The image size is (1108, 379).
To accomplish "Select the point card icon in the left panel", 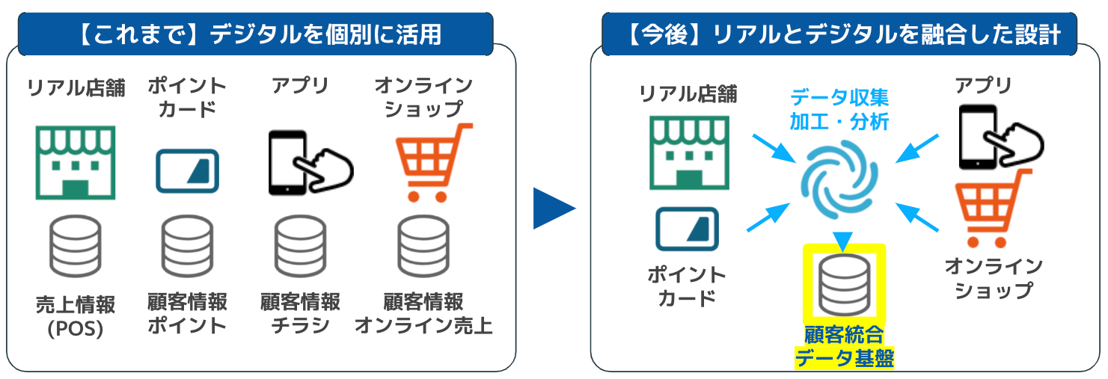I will click(187, 171).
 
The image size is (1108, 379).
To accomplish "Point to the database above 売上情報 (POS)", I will click(75, 246).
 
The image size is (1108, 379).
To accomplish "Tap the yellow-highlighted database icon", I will click(844, 283).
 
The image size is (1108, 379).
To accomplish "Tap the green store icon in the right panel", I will click(689, 152).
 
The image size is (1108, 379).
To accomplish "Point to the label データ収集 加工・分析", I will click(839, 109).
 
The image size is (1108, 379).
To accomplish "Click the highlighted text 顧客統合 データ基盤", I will click(843, 346).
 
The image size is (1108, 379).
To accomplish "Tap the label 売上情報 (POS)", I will click(75, 315).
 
